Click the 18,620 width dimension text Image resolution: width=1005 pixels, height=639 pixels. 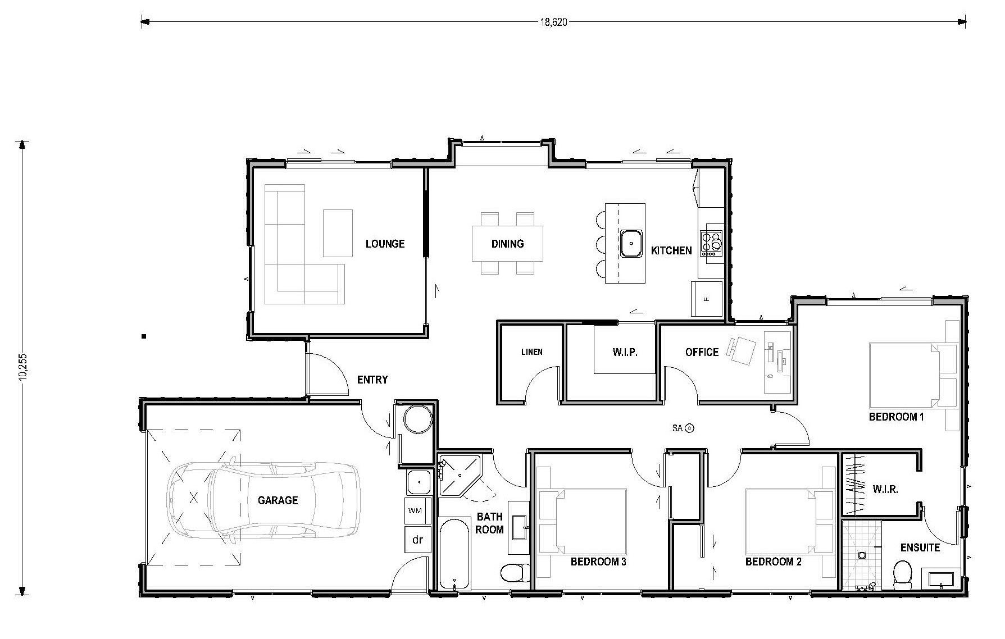[x=553, y=22]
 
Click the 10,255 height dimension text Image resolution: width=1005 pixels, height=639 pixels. [x=23, y=367]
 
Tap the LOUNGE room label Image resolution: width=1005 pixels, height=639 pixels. [x=385, y=244]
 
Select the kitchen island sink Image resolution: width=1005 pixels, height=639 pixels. [x=631, y=243]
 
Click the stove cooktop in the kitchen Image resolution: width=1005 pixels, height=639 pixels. [x=711, y=244]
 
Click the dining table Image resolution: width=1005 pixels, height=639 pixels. [x=507, y=243]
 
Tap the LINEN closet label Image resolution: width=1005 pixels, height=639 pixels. [x=531, y=352]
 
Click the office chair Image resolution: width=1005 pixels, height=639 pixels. [x=743, y=349]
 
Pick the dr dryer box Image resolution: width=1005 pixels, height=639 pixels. [x=417, y=540]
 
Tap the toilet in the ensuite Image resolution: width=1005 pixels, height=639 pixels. [x=903, y=574]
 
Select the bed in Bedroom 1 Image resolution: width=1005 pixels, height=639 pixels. [x=904, y=375]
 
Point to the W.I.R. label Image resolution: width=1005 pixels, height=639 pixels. [x=885, y=489]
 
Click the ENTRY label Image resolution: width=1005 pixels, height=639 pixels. [x=372, y=380]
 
